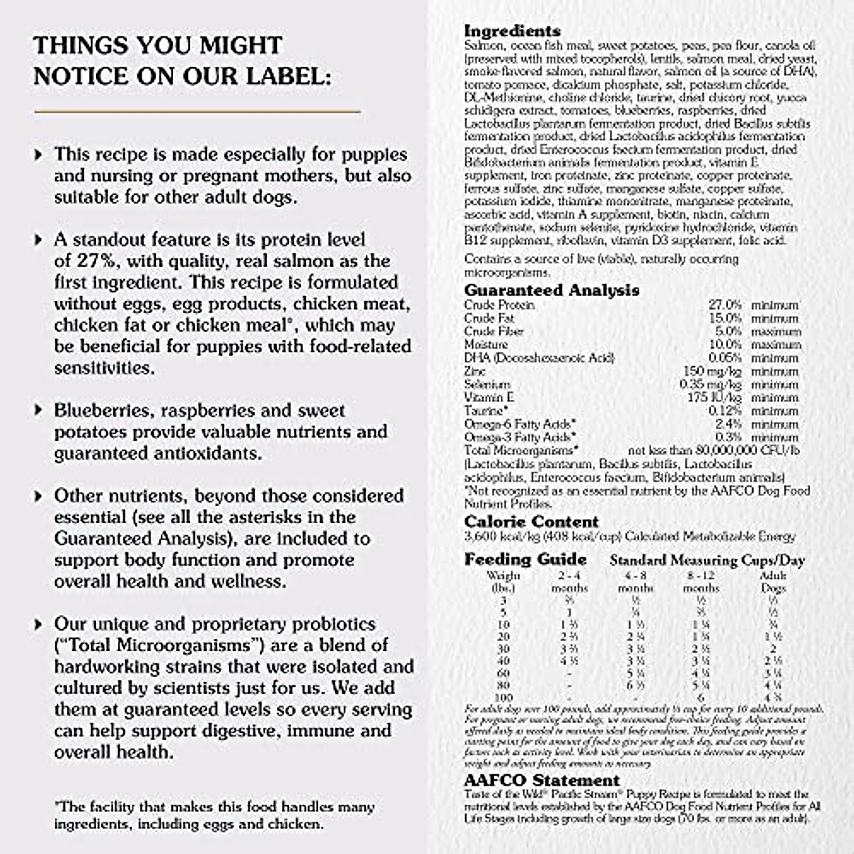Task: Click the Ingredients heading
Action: pyautogui.click(x=512, y=31)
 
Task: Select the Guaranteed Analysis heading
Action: pyautogui.click(x=552, y=290)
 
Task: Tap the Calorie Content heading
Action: pyautogui.click(x=532, y=522)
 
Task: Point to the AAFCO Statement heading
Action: pyautogui.click(x=542, y=781)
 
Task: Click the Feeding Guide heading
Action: pyautogui.click(x=525, y=559)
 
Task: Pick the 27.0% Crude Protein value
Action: pyautogui.click(x=725, y=305)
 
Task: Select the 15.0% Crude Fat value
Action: pyautogui.click(x=725, y=318)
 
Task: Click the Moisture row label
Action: pyautogui.click(x=486, y=344)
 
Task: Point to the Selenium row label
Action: pyautogui.click(x=487, y=384)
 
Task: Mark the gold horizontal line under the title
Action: pyautogui.click(x=197, y=112)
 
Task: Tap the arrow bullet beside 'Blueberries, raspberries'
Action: pyautogui.click(x=39, y=411)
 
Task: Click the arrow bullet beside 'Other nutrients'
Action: pyautogui.click(x=39, y=496)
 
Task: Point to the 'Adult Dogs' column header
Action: pyautogui.click(x=774, y=581)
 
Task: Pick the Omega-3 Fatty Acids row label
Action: pyautogui.click(x=520, y=438)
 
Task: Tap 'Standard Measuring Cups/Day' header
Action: pyautogui.click(x=707, y=561)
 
